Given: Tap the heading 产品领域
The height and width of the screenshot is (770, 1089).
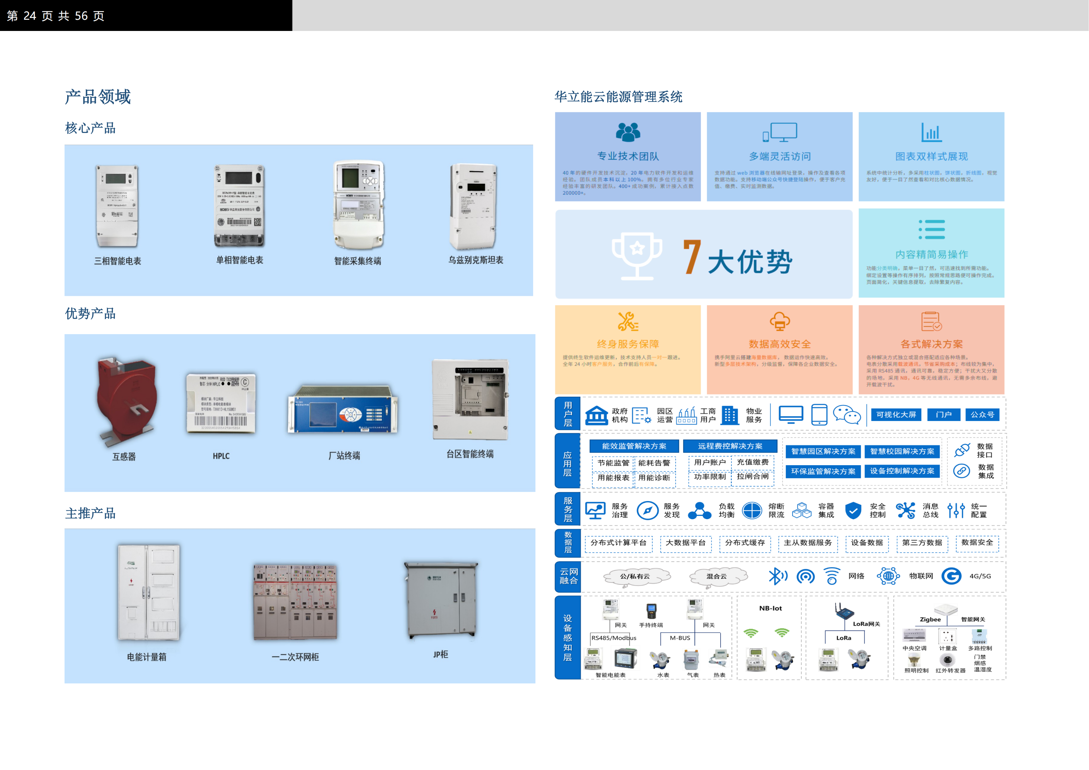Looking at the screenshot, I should (98, 97).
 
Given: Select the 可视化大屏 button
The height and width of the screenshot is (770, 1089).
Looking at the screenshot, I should (896, 415).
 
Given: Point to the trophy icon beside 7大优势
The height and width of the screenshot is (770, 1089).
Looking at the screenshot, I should (637, 254).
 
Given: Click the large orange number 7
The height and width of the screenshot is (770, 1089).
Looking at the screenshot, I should (692, 257).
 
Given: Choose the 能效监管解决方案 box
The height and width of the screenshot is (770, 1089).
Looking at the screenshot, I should (634, 446).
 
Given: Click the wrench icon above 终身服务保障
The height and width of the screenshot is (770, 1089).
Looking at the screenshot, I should (628, 322).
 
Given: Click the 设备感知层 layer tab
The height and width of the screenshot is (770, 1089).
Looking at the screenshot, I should (568, 638).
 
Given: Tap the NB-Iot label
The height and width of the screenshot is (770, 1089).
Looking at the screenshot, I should (770, 608).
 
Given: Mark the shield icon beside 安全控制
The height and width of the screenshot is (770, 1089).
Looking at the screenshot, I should (853, 511).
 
